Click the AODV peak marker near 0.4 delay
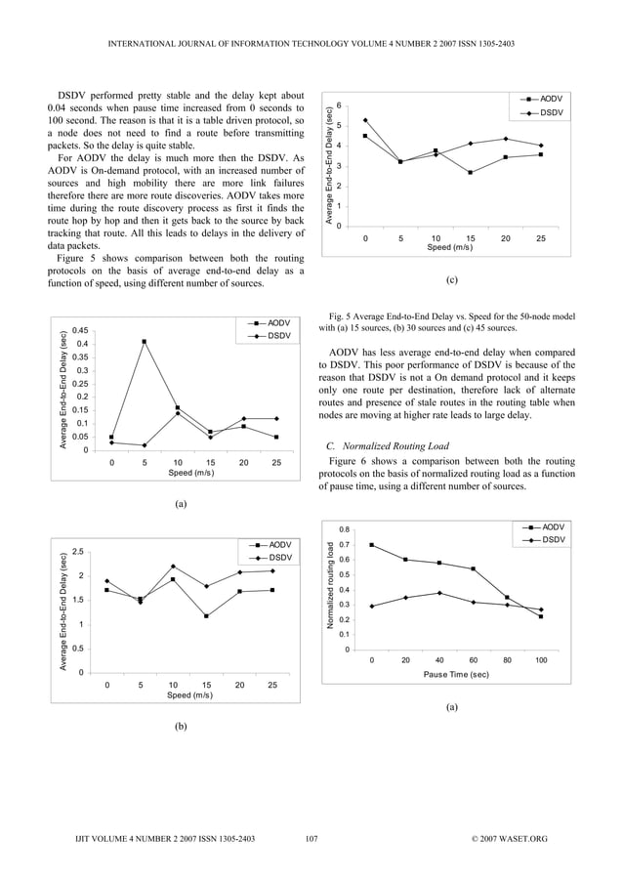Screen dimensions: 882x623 (144, 342)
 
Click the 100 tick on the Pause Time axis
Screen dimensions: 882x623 (540, 661)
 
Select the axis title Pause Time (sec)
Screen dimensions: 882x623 (456, 675)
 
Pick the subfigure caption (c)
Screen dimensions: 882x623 (451, 279)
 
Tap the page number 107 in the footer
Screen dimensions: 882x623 (311, 838)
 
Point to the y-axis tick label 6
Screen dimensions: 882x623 (339, 105)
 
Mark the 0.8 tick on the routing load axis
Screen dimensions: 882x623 (345, 529)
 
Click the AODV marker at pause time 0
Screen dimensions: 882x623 (372, 545)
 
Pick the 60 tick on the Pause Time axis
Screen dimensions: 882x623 (473, 661)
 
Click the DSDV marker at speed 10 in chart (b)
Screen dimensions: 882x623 (173, 567)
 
